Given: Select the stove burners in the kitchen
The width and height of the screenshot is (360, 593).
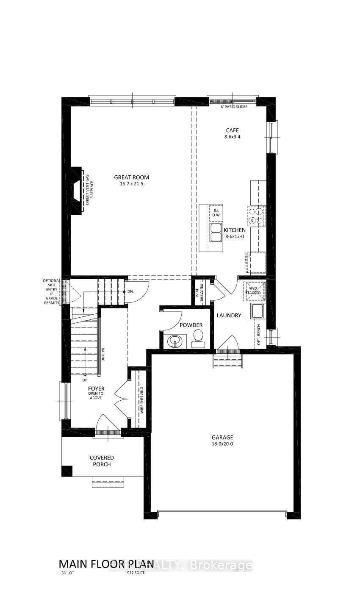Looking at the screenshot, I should tap(256, 215).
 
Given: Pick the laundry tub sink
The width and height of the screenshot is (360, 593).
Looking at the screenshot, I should tap(258, 311).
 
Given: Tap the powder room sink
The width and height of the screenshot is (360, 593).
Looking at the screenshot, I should tap(175, 341).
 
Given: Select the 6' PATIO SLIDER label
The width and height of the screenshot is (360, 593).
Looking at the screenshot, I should tap(234, 107).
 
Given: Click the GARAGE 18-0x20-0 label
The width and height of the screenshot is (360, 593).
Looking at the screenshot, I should tap(222, 441).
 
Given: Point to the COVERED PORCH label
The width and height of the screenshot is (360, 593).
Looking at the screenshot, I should tap(102, 461).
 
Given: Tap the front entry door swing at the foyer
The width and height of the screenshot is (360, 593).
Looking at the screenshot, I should tap(108, 423).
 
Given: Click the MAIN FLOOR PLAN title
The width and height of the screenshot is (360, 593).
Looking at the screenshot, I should tap(106, 564).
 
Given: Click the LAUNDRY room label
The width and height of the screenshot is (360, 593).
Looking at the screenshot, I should tap(229, 315).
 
